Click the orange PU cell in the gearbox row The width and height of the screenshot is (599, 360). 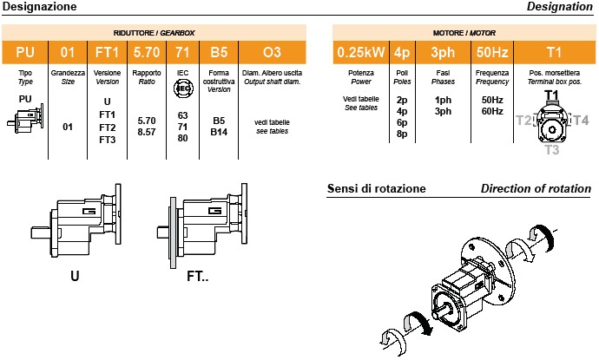click(24, 52)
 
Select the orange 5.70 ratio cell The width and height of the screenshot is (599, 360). click(146, 52)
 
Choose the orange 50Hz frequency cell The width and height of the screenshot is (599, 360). click(492, 52)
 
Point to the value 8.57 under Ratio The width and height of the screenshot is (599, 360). click(146, 134)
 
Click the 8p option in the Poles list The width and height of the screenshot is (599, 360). click(402, 134)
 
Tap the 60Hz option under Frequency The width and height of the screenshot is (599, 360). click(492, 111)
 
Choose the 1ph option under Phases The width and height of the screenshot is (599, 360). click(443, 100)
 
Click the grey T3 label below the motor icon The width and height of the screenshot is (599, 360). click(553, 150)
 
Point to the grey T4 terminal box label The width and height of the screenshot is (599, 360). click(581, 121)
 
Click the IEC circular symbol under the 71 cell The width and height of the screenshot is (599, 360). click(182, 88)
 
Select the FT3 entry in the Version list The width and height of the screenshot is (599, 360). click(108, 139)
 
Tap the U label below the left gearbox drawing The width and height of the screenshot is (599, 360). click(75, 278)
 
